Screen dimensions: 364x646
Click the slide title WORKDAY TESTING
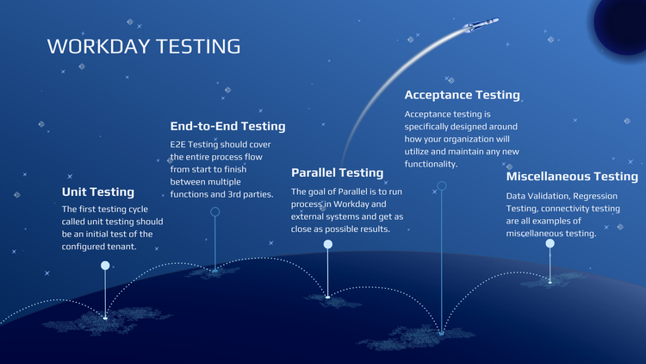click(x=143, y=46)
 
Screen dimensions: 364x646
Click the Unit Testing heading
click(x=98, y=191)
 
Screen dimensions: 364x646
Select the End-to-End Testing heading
click(x=227, y=126)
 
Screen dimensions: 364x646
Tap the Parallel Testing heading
click(x=337, y=173)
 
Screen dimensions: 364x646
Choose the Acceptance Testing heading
click(x=462, y=95)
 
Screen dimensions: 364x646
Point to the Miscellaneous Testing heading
click(x=572, y=177)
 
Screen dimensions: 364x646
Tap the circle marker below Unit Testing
click(x=105, y=266)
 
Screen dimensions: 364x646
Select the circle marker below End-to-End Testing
click(x=215, y=211)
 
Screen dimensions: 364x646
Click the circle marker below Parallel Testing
click(x=327, y=245)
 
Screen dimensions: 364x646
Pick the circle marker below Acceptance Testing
click(x=442, y=185)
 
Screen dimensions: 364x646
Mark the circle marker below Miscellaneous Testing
click(x=550, y=243)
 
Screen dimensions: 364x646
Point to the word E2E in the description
click(x=180, y=145)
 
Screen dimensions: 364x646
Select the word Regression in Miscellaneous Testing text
click(x=594, y=196)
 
